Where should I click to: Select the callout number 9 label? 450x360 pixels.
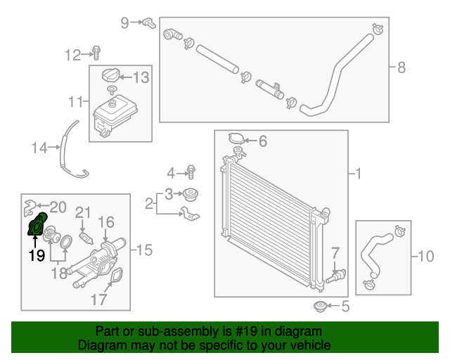pos(125,22)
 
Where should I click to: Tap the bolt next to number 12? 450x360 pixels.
pos(96,53)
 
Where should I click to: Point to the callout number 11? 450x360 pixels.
pos(76,103)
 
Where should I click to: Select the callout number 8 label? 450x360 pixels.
pos(401,68)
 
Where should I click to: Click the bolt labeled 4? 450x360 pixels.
pos(190,171)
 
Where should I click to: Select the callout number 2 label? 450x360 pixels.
pos(149,204)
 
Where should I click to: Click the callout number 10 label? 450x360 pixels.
pos(426,257)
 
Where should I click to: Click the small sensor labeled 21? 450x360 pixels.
pos(84,237)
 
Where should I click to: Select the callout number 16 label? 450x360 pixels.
pos(105,223)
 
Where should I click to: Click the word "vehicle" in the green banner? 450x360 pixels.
pos(311,345)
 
